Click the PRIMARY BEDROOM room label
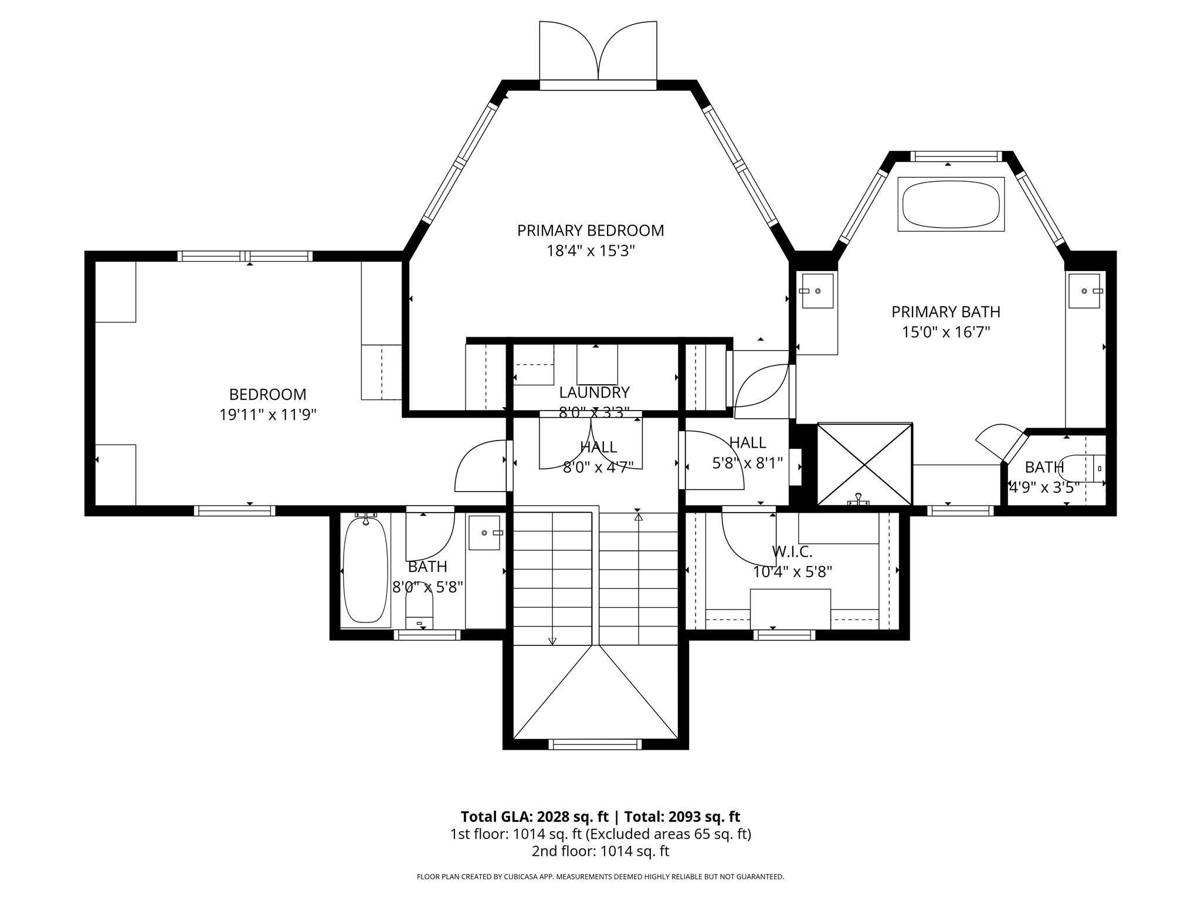pos(591,231)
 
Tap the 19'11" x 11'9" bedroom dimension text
pos(268,415)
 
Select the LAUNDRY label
pos(594,392)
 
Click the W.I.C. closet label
pos(792,551)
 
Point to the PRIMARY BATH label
pos(945,311)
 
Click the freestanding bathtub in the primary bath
pos(951,205)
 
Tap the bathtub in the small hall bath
pos(365,570)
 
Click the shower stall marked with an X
pos(865,464)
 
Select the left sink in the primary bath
pos(817,291)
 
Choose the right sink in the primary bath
pos(1085,291)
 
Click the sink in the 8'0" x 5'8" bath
pos(484,533)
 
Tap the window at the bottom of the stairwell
pos(595,744)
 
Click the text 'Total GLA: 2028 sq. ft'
pos(534,817)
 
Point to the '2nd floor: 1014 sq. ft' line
pos(600,851)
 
